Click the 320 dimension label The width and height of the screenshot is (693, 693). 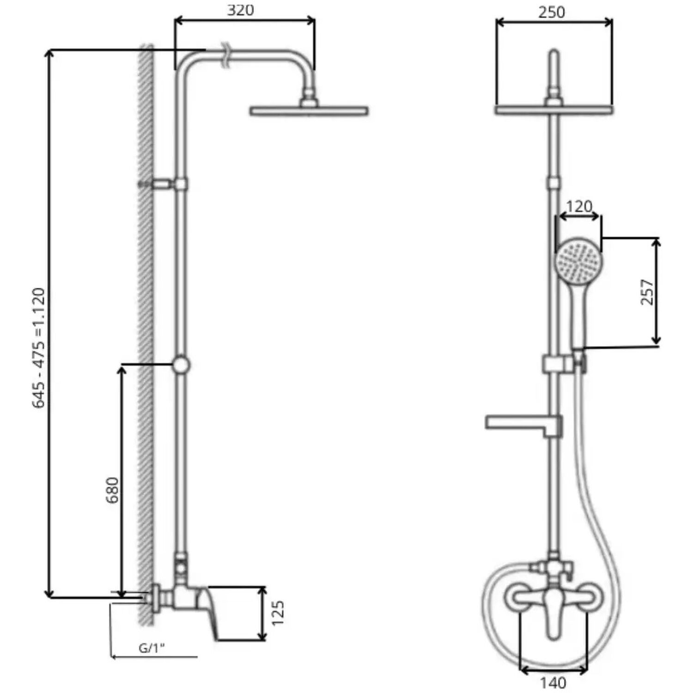(x=240, y=10)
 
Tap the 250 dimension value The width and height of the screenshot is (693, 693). (x=552, y=12)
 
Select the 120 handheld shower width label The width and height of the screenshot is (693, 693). (x=579, y=206)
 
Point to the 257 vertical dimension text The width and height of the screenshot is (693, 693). (x=648, y=292)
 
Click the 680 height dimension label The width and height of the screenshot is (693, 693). (x=112, y=490)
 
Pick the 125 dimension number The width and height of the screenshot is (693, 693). (x=277, y=613)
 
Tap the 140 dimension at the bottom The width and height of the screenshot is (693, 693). (x=553, y=682)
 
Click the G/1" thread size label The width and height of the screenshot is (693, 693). (x=152, y=648)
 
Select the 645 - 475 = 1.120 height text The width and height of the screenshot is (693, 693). (x=39, y=347)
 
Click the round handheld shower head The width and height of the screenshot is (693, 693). (x=578, y=261)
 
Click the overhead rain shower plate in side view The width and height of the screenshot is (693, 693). (x=309, y=111)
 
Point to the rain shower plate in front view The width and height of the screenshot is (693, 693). (x=554, y=110)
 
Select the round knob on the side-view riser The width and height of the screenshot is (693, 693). (x=181, y=365)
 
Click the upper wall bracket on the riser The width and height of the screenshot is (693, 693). (x=164, y=184)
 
